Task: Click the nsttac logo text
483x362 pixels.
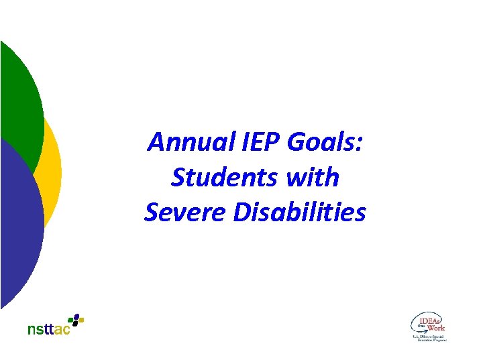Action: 48,329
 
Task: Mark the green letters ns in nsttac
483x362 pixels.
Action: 34,330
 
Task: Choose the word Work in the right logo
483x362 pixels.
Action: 436,328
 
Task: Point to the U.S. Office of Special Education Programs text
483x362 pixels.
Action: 429,338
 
